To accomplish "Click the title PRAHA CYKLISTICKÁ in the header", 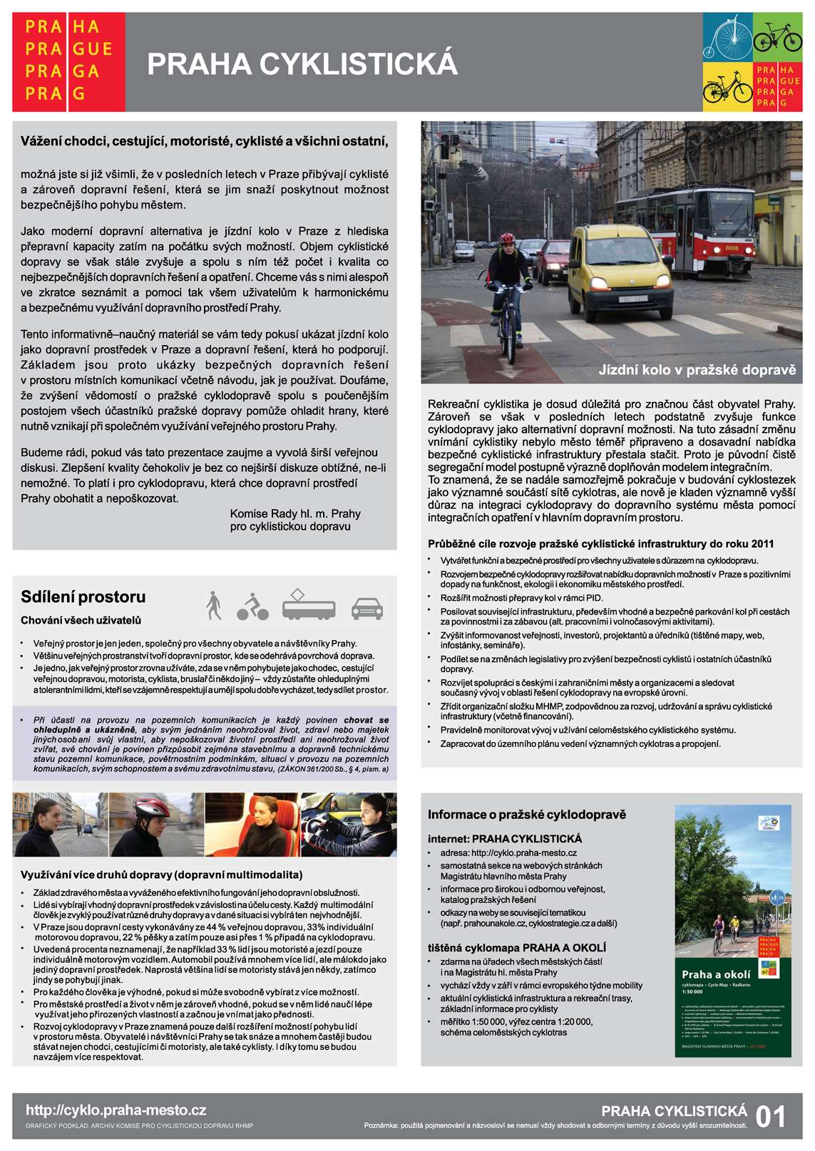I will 302,64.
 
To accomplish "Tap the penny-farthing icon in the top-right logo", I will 727,36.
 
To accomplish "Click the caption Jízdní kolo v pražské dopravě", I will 697,370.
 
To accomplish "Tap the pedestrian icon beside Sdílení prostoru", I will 213,605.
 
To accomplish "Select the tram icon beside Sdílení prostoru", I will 308,605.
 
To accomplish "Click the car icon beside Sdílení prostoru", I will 367,608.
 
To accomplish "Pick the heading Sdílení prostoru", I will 83,597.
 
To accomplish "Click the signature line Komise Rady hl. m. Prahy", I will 295,514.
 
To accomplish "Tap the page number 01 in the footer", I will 770,1116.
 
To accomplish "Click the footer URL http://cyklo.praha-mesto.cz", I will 116,1110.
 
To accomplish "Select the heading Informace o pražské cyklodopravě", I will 526,815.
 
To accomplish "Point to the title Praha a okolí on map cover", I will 715,974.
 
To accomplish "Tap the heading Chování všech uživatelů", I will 81,620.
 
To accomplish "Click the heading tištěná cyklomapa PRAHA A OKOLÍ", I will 516,948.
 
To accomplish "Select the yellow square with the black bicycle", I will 728,87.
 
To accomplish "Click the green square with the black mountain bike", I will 778,36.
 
